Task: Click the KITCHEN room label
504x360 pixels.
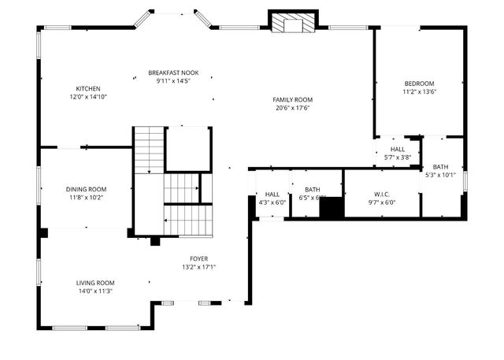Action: point(87,87)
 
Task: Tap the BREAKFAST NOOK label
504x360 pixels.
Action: point(173,72)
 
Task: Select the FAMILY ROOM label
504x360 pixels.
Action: point(293,99)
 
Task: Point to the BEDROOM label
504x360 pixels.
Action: point(419,83)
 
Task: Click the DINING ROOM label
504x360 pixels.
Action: point(86,189)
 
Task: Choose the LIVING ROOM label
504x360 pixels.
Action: point(95,283)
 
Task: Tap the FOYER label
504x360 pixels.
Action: point(198,258)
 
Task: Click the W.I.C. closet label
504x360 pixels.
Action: point(381,194)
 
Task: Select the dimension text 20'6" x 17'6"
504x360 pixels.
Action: point(293,108)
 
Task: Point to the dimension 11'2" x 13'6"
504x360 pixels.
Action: point(419,91)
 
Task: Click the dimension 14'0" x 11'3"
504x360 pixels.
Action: point(95,291)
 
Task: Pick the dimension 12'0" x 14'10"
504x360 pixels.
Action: point(87,96)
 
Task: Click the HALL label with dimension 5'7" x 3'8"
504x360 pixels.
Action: point(398,149)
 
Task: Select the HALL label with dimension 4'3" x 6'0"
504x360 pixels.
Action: point(272,194)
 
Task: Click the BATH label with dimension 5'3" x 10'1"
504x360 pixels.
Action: point(440,166)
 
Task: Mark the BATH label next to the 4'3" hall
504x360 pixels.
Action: point(313,189)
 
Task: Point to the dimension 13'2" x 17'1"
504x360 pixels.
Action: point(198,267)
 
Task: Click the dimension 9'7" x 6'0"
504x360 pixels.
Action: point(381,202)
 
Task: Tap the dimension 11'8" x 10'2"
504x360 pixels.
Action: point(86,198)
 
